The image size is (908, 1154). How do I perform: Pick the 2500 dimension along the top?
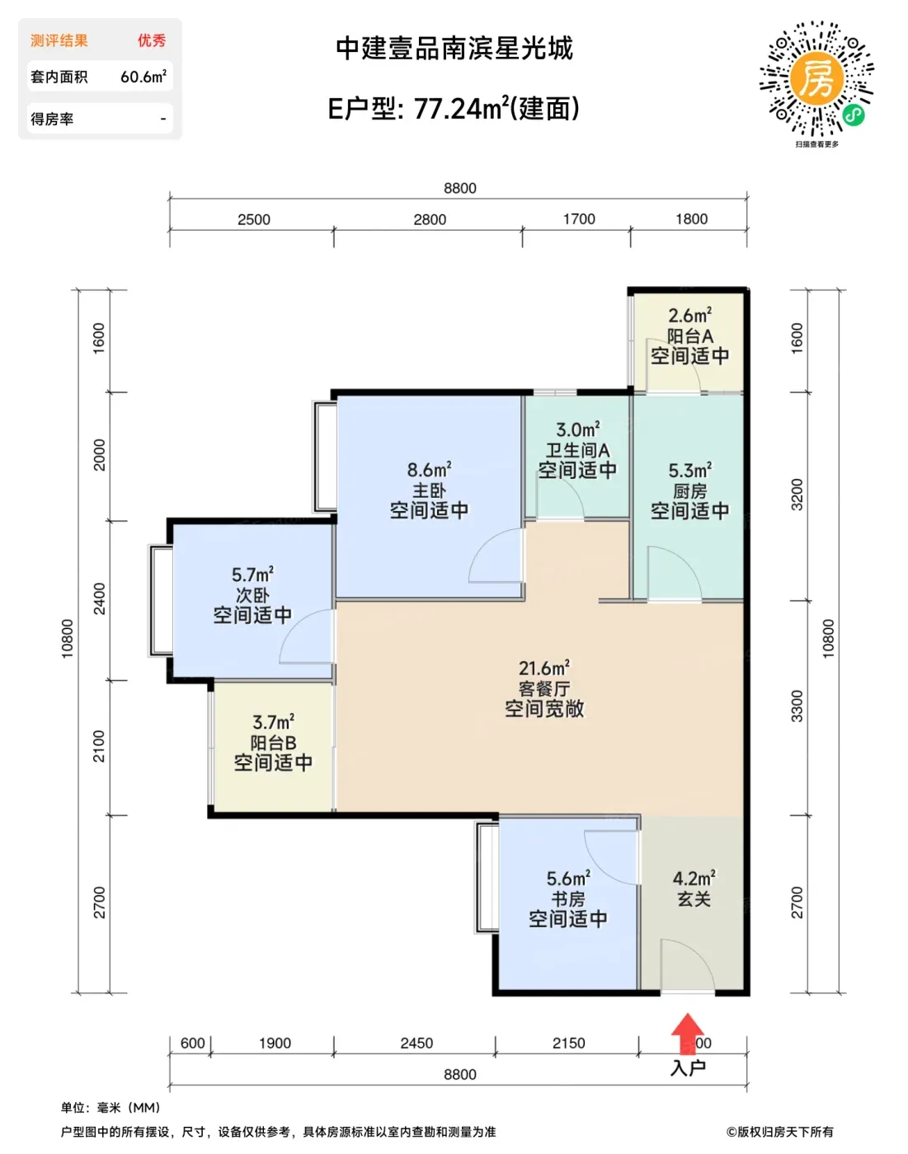(x=254, y=220)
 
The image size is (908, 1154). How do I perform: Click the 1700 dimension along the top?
(x=579, y=219)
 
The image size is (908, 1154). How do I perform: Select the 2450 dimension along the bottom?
(x=416, y=1043)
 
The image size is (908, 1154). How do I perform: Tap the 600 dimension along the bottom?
(x=193, y=1043)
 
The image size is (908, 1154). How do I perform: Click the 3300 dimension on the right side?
(x=797, y=706)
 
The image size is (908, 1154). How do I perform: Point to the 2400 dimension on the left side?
(x=100, y=598)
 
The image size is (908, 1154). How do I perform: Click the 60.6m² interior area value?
(x=143, y=77)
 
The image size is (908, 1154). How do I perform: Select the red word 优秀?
(x=152, y=40)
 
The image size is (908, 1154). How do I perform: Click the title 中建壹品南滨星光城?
(x=454, y=49)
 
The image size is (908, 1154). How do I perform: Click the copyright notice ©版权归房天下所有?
(x=779, y=1132)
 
